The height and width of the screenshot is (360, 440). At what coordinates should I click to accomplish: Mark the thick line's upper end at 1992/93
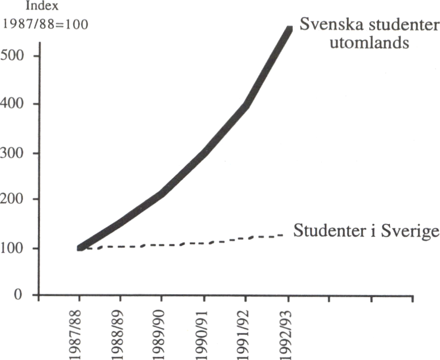tap(288, 30)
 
